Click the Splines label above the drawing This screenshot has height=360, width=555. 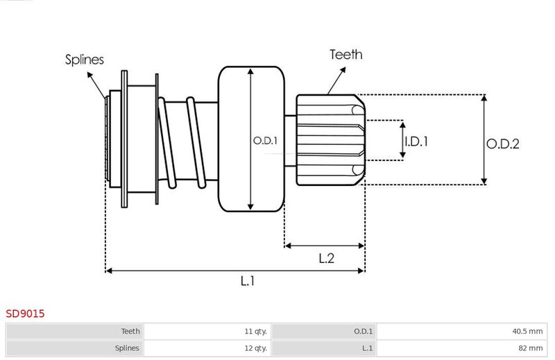84,60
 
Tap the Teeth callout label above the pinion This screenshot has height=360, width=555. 345,55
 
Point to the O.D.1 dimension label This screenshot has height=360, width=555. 265,141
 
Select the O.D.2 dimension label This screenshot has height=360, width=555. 502,144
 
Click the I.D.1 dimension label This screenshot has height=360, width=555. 416,142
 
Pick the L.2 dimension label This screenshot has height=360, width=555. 326,258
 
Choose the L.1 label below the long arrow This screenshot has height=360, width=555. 248,281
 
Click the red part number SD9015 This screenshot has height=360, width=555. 25,314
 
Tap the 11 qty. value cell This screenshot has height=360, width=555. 207,332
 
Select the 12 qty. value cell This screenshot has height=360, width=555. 207,348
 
